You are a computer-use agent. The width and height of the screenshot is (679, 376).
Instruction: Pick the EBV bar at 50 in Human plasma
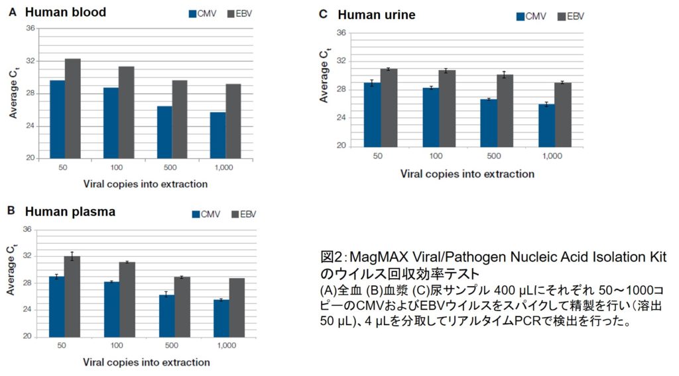(x=72, y=296)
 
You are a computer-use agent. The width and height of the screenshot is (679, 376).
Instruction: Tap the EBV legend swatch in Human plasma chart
(x=235, y=214)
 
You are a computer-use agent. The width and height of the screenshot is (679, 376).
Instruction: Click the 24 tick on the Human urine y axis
(x=341, y=117)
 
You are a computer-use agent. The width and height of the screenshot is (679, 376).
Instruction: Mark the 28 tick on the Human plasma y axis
(x=28, y=283)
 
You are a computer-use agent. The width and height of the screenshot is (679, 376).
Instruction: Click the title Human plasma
(x=70, y=212)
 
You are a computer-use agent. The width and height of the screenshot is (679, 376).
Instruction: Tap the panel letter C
(x=323, y=14)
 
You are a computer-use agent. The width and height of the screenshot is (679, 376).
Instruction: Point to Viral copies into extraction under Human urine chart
(x=467, y=173)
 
